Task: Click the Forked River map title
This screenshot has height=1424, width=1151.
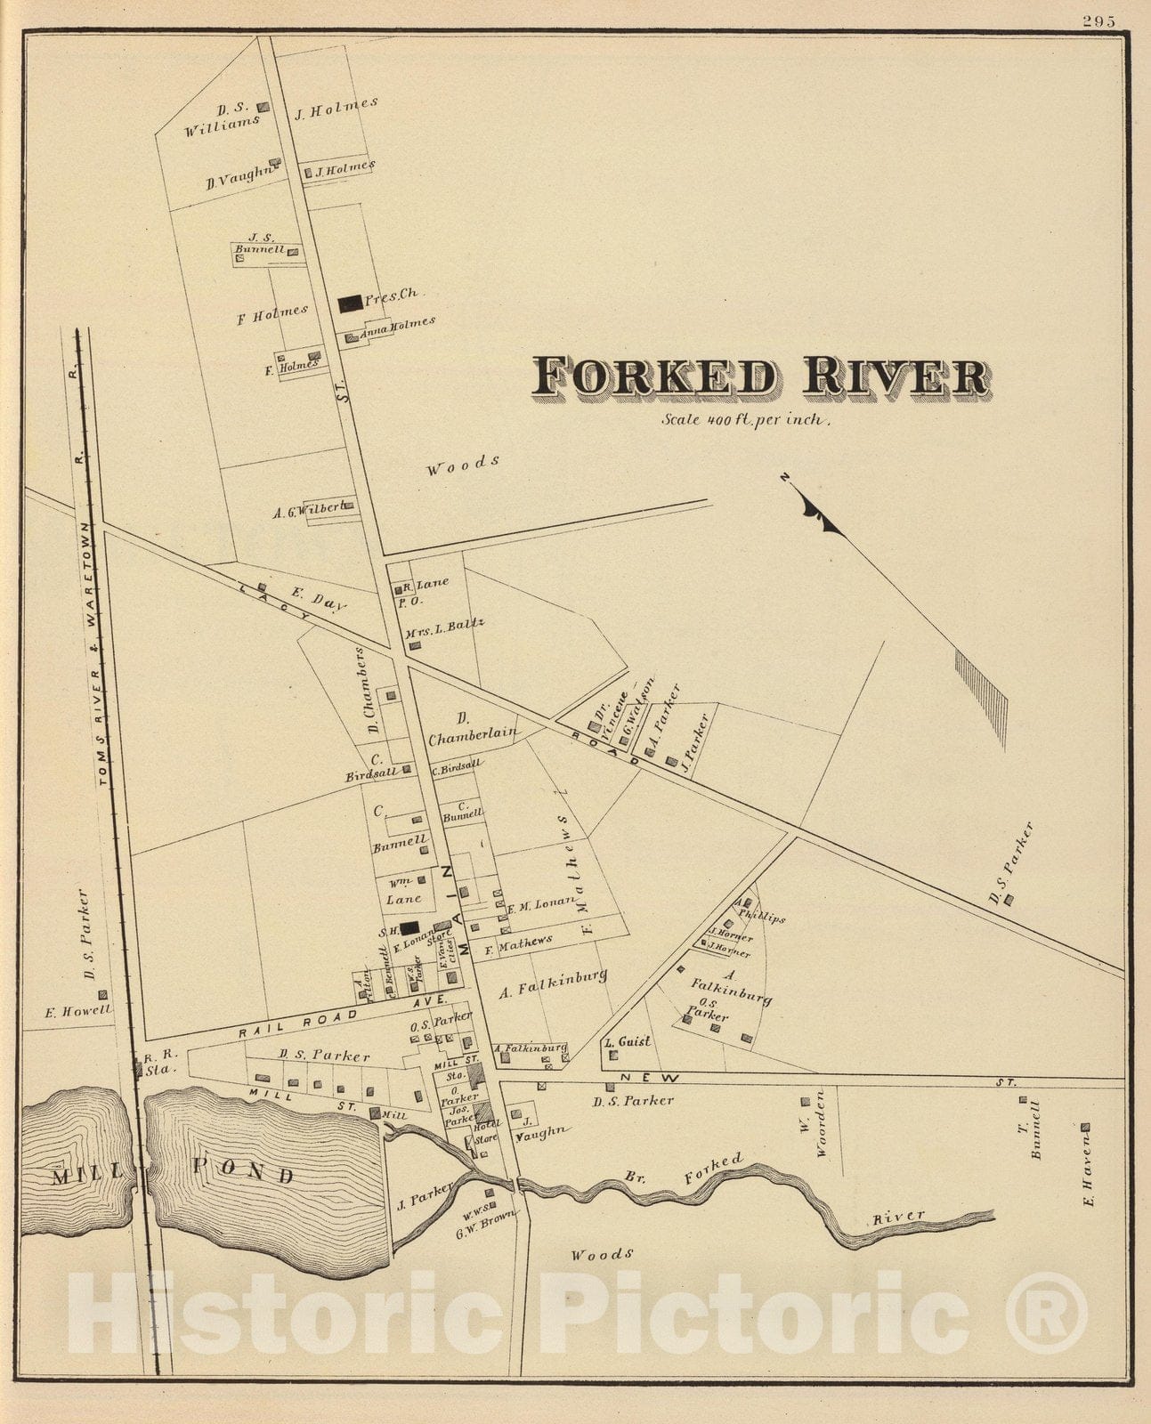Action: pyautogui.click(x=760, y=377)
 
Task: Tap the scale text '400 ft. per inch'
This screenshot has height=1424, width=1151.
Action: pyautogui.click(x=746, y=420)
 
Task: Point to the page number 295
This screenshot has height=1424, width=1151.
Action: pyautogui.click(x=1099, y=22)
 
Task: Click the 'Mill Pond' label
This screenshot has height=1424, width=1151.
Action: pyautogui.click(x=174, y=1175)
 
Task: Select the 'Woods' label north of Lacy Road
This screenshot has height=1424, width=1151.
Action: pyautogui.click(x=461, y=465)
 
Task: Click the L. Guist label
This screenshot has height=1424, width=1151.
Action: pyautogui.click(x=628, y=1041)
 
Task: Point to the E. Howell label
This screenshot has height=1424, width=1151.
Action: pyautogui.click(x=78, y=1011)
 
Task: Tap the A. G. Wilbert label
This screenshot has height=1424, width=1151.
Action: pyautogui.click(x=309, y=511)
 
